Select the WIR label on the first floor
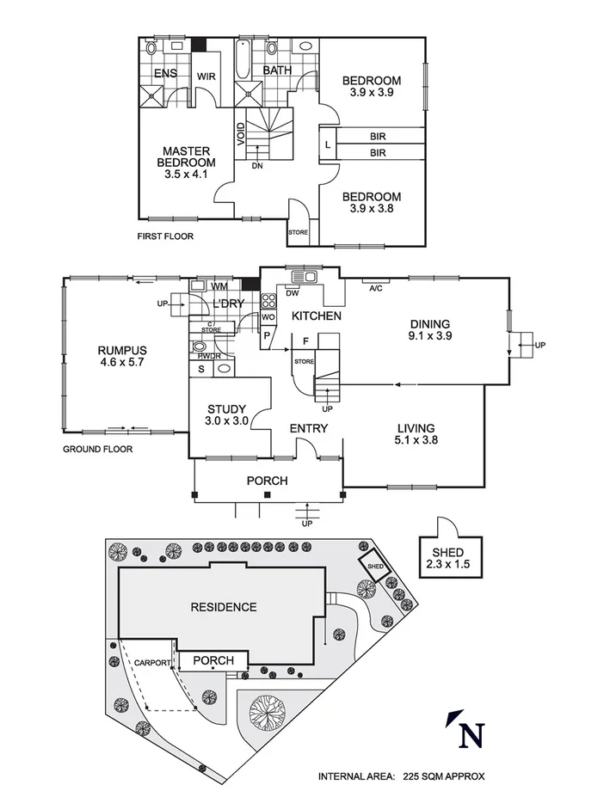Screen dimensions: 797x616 (206, 76)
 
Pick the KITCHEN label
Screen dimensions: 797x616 (317, 316)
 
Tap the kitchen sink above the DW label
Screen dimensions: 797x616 (304, 277)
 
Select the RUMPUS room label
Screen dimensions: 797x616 (122, 350)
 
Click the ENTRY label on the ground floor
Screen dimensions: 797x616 (308, 428)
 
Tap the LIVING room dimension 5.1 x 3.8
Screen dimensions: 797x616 (415, 441)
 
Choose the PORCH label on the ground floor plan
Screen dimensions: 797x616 (267, 481)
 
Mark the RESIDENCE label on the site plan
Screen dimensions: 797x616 (223, 607)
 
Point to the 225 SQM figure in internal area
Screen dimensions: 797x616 (421, 776)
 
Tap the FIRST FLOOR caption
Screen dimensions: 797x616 (165, 236)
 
